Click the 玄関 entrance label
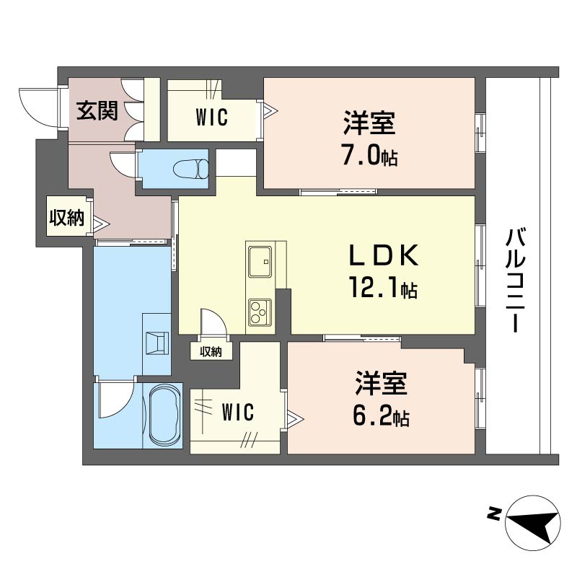pos(97,110)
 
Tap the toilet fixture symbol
pos(190,169)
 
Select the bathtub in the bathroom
pos(166,415)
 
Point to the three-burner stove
pos(260,312)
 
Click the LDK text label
pos(384,255)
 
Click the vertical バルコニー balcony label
pos(515,280)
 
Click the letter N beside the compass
pos(493,514)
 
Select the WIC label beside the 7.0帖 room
pos(212,117)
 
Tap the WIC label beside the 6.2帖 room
pos(238,412)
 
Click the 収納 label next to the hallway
pos(66,217)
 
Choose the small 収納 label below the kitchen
pos(211,351)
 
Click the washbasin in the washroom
pos(157,343)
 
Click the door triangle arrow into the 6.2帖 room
pos(296,419)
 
